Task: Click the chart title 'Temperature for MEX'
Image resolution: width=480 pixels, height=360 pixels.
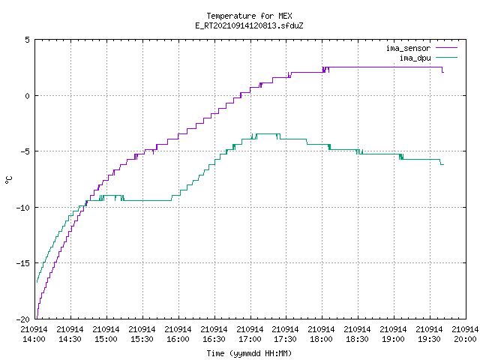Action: coord(249,16)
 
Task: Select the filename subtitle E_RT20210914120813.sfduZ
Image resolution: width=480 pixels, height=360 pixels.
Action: coord(249,25)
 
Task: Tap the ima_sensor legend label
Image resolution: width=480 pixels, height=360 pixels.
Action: coord(408,48)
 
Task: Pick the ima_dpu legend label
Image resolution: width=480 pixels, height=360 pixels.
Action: coord(415,58)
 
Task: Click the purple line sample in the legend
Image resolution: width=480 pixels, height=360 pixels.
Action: coord(447,48)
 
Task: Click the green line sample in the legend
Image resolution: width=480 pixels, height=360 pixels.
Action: coord(447,57)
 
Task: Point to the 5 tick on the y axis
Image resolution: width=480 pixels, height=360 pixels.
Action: coord(28,40)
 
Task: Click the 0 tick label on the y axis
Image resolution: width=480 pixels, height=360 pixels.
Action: coord(28,96)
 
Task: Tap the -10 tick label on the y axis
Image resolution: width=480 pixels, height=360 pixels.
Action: coord(23,208)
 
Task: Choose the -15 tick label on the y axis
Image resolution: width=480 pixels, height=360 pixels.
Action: coord(23,263)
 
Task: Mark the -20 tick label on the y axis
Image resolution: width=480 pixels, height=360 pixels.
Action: coord(23,319)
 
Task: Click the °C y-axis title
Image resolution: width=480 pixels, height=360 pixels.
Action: coord(9,180)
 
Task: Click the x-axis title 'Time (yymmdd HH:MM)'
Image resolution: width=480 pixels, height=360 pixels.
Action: coord(249,353)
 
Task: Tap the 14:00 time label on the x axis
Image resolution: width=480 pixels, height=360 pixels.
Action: coord(34,339)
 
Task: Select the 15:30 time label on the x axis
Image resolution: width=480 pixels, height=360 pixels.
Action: coord(142,339)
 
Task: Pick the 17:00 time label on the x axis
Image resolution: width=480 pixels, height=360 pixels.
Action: coord(250,339)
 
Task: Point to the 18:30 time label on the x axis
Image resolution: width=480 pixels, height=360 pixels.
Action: coord(357,339)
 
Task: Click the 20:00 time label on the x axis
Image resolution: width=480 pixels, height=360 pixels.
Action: coord(465,339)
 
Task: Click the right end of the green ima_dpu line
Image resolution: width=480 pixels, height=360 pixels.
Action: coord(443,165)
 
